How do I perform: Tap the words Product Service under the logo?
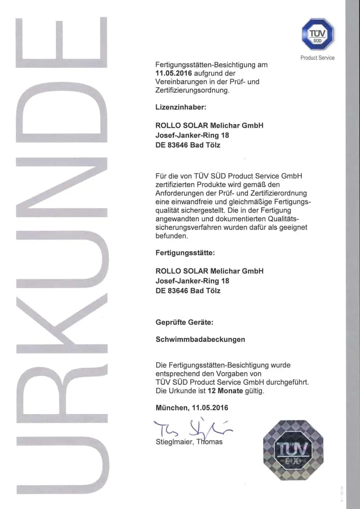click(317, 58)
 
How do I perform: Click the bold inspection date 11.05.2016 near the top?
click(171, 73)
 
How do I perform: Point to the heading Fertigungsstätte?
click(185, 253)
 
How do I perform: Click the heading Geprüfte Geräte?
click(184, 323)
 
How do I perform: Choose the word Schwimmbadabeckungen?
click(200, 339)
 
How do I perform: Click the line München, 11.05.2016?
click(192, 408)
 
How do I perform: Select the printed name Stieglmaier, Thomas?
click(189, 441)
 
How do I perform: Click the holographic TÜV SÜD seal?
click(293, 450)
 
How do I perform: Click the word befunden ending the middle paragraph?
click(171, 236)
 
